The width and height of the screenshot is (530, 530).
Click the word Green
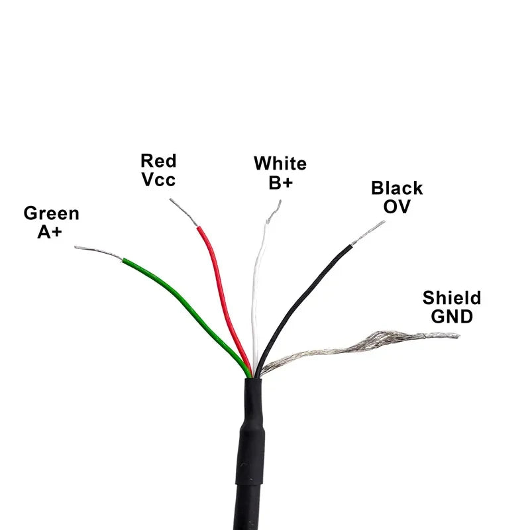click(x=52, y=213)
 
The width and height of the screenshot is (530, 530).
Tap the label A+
click(x=50, y=232)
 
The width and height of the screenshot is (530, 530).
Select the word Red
click(x=158, y=160)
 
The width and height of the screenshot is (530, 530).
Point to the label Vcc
click(x=158, y=179)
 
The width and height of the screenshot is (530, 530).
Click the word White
click(x=280, y=163)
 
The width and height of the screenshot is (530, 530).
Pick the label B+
click(x=280, y=183)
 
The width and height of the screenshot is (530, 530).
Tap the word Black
click(x=397, y=188)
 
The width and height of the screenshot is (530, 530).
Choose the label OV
click(x=397, y=207)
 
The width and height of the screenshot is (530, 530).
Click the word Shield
click(x=452, y=297)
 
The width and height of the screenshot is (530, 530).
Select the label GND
click(x=452, y=317)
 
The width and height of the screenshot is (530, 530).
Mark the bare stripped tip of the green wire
click(x=98, y=252)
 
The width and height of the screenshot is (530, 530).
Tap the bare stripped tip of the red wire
click(x=184, y=212)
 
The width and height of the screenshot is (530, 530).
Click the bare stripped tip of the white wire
click(x=274, y=212)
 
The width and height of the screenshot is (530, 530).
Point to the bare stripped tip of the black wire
click(x=368, y=233)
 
